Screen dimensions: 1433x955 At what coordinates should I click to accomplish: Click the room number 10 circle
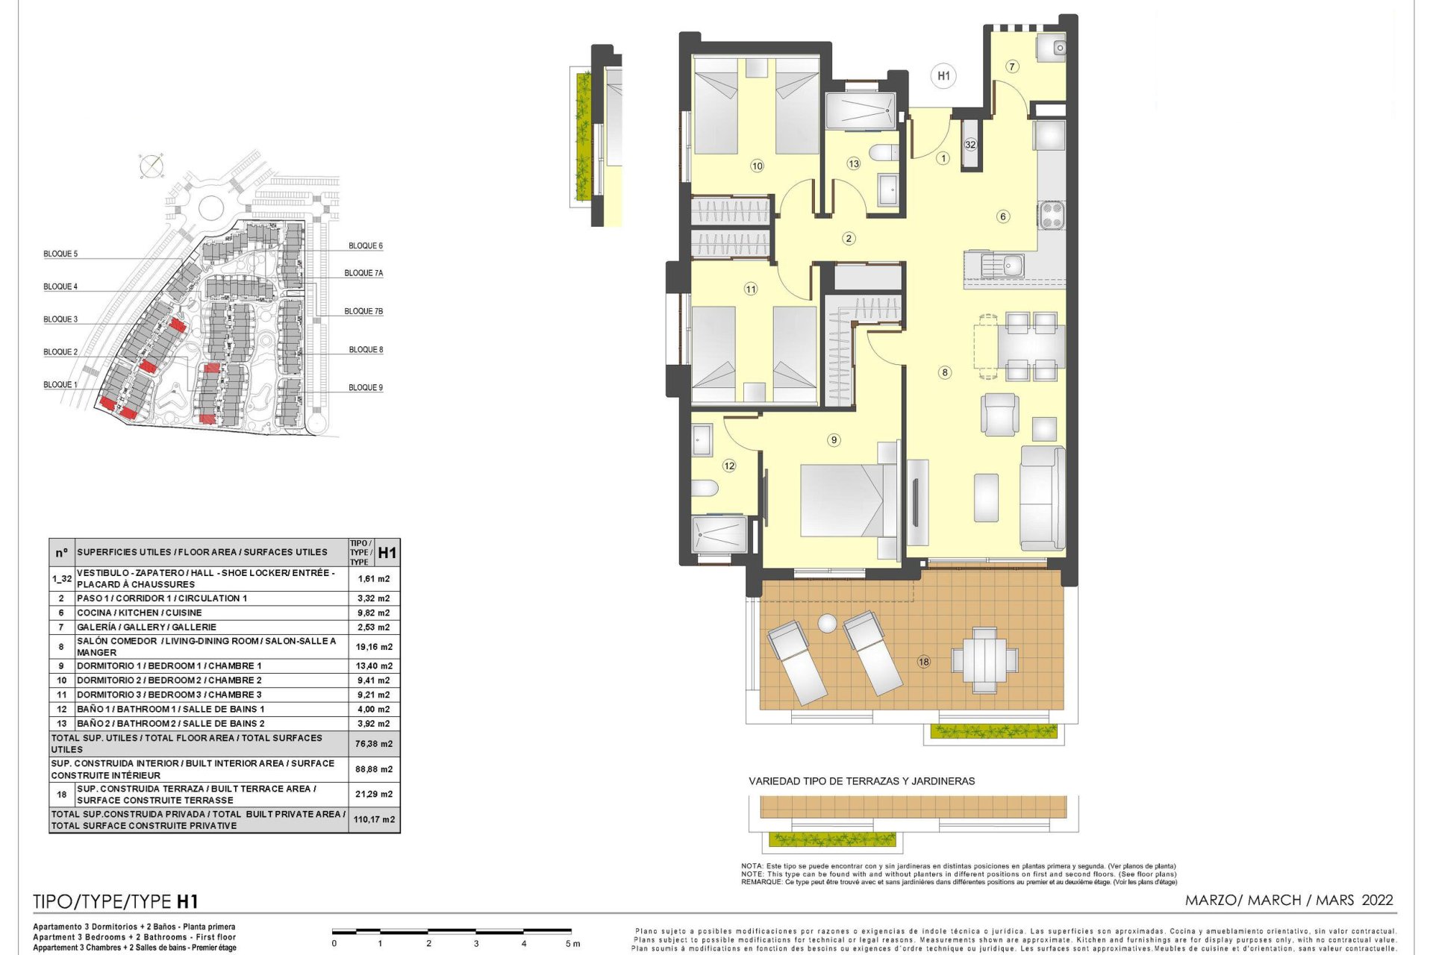757,166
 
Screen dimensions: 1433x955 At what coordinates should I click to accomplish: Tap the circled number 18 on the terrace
924,661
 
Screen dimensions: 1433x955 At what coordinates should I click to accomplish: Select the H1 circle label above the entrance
943,75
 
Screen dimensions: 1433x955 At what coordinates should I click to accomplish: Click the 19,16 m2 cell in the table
374,647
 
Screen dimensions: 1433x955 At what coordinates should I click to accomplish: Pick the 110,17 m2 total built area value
374,819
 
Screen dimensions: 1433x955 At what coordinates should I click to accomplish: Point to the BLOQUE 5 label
60,254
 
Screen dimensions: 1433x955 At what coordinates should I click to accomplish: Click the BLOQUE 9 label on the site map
366,387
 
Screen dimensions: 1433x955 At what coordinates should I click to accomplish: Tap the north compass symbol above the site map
152,166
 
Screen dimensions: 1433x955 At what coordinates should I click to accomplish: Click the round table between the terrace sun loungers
827,623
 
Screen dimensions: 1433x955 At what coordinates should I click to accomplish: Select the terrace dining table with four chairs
984,660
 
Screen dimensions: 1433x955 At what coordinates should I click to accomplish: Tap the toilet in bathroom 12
705,489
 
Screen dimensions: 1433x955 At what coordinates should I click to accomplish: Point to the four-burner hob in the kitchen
1052,215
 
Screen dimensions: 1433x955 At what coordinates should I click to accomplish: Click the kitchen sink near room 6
1002,265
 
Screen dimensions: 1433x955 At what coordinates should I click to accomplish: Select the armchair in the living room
1000,415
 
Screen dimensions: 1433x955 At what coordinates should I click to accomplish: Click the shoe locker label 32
970,145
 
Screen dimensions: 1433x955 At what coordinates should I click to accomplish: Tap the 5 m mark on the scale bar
572,944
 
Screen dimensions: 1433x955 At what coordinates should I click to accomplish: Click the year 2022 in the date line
1377,900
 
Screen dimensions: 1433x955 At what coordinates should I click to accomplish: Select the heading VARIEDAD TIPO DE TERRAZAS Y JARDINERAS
862,781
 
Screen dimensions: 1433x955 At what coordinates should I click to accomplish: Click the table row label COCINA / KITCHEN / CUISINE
140,613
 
